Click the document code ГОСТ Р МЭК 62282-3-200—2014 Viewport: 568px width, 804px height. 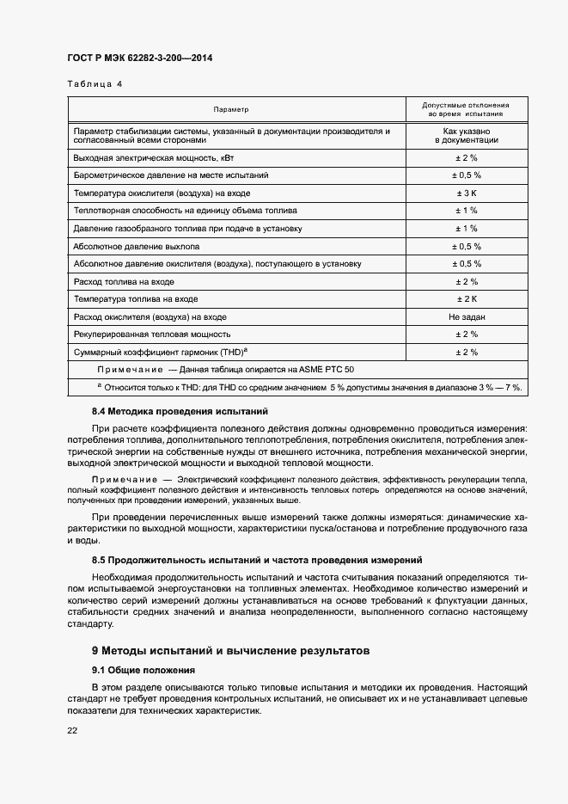pyautogui.click(x=139, y=58)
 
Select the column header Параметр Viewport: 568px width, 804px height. pyautogui.click(x=231, y=110)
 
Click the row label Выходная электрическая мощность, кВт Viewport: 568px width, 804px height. pyautogui.click(x=153, y=159)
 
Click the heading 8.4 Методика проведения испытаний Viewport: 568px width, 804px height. pyautogui.click(x=180, y=412)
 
